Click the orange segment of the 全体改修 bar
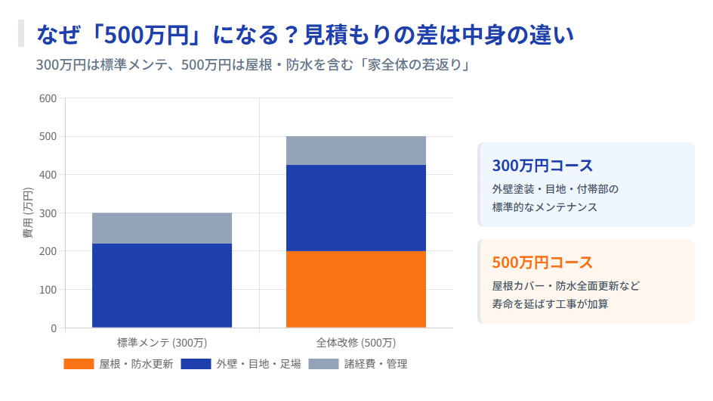click(356, 289)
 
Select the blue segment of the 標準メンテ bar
click(162, 285)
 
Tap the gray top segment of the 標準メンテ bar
click(162, 228)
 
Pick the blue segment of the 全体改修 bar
click(356, 208)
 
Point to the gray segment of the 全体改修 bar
click(356, 151)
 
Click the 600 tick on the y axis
click(48, 98)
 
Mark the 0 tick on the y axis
click(53, 328)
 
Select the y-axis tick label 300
click(48, 213)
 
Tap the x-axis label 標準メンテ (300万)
click(162, 342)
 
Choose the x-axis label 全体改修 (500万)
click(356, 342)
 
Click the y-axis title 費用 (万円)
click(28, 213)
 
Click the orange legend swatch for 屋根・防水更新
click(79, 365)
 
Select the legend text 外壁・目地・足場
click(258, 365)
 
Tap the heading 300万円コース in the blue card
click(542, 166)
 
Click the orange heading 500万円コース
click(542, 263)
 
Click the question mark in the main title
click(289, 35)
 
